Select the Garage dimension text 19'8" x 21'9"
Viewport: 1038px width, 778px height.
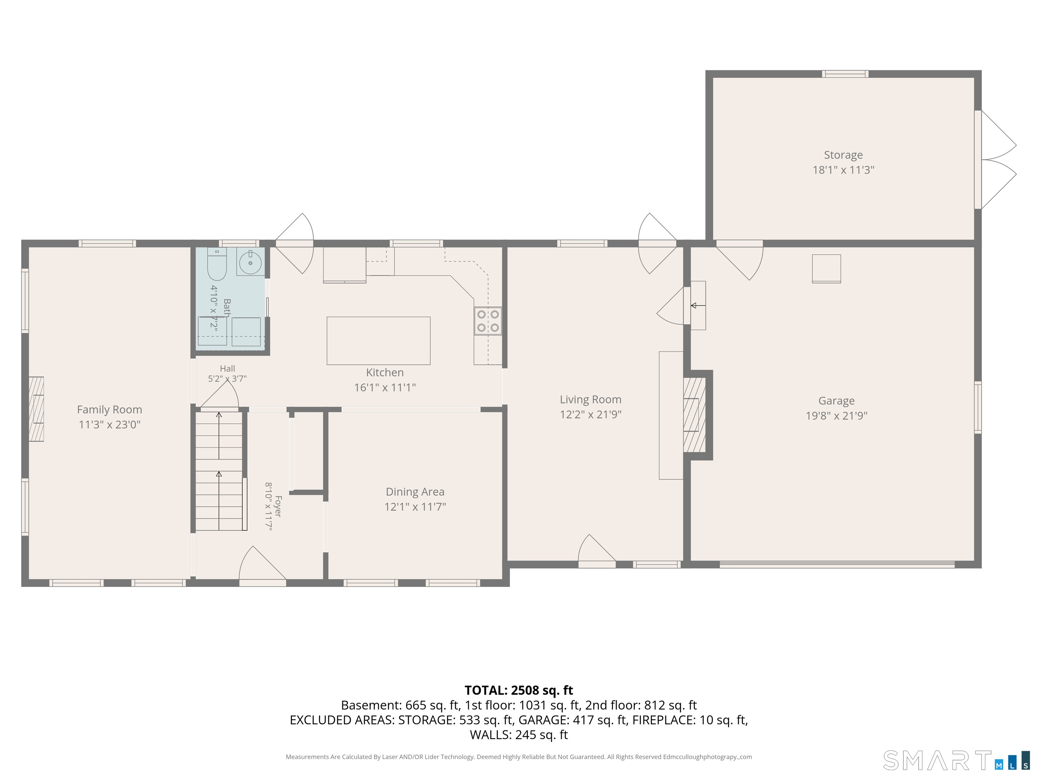point(837,415)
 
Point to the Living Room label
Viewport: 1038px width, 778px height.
point(590,399)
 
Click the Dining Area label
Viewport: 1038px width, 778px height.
point(415,492)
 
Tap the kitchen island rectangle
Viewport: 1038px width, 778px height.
point(378,340)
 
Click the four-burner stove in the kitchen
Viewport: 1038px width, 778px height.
point(488,321)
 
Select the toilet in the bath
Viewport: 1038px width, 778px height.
point(217,263)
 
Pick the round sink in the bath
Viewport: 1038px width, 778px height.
point(251,263)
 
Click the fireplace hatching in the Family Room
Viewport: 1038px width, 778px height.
point(36,409)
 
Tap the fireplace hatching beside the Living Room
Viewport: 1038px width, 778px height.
point(694,415)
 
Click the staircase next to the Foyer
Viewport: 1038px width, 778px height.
point(219,470)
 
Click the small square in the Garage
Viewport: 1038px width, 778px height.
point(826,269)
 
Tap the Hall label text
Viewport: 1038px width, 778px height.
point(227,369)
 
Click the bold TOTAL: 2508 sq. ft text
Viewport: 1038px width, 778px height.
point(519,690)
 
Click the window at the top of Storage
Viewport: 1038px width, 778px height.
point(845,74)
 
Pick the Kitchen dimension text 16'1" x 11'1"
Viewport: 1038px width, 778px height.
point(385,387)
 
